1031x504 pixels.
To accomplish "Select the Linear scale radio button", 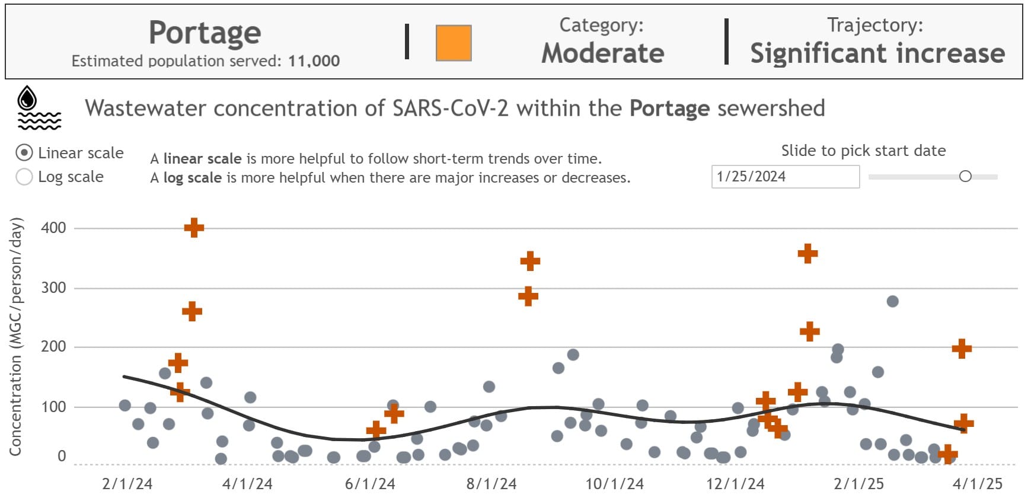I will coord(24,153).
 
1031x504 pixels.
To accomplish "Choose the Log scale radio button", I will coord(24,177).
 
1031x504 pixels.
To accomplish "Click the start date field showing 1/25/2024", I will coord(784,177).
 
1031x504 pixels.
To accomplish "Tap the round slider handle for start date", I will coord(965,176).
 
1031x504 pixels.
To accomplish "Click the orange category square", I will coord(454,43).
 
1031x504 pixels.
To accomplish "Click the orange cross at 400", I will coord(194,227).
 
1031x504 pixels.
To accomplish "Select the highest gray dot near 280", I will coord(892,301).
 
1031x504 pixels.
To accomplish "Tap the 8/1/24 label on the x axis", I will coord(491,484).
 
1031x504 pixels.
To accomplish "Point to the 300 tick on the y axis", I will coord(53,288).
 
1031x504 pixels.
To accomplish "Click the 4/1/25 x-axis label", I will coord(977,484).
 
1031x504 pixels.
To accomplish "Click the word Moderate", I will coord(603,53).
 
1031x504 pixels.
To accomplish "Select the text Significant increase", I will coord(877,53).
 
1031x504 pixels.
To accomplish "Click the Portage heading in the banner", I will coord(205,33).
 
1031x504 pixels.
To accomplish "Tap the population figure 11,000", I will coord(314,61).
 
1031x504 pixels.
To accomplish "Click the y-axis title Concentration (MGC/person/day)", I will coord(16,337).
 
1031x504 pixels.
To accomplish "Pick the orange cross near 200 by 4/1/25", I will coord(962,348).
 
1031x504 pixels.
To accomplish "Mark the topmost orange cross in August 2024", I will coord(530,261).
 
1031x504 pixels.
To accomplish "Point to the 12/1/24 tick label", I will coord(735,484).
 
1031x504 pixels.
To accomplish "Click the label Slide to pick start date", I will coord(863,151).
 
